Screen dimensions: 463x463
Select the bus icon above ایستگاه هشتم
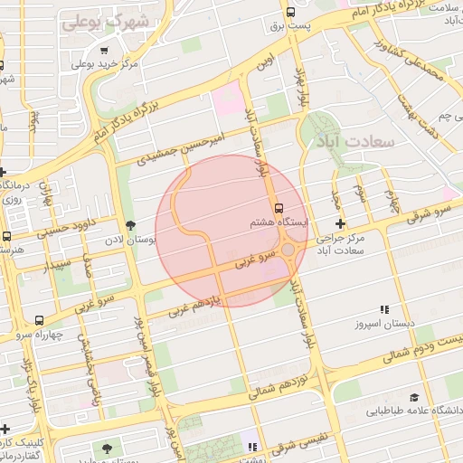(279, 207)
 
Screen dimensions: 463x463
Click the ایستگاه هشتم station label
(280, 222)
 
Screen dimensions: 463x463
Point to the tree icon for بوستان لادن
(131, 225)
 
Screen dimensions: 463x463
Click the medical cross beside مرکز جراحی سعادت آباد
(340, 223)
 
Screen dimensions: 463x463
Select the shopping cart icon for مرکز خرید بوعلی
(106, 51)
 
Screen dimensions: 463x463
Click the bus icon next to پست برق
(290, 12)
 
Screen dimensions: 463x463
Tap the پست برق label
(293, 26)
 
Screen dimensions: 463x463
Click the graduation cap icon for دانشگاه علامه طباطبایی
(414, 397)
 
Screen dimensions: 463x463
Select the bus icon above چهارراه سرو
(39, 320)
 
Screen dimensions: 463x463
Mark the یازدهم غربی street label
(206, 301)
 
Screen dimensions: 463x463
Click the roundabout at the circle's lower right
(288, 250)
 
